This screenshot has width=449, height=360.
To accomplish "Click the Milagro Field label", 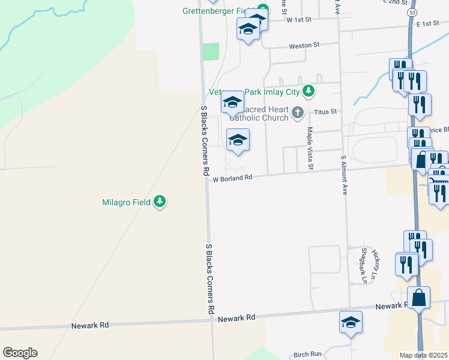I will (x=127, y=202).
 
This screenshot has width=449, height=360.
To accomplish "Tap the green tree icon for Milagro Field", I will (x=159, y=202).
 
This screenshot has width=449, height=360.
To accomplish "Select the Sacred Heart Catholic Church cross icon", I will (x=297, y=112).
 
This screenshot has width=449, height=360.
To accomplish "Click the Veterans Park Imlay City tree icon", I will (x=309, y=91).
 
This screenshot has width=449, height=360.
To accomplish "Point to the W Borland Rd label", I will (x=232, y=178).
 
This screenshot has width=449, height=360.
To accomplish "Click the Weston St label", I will (x=304, y=45).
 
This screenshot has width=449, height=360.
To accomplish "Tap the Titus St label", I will (x=327, y=112).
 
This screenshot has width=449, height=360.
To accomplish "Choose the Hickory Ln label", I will (x=375, y=265).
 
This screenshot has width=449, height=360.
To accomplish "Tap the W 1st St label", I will (x=299, y=20).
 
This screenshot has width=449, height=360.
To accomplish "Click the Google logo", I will (x=20, y=353).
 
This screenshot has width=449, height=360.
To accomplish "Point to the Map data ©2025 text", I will (x=423, y=355).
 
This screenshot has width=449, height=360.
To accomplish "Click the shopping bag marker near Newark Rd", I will (x=418, y=298).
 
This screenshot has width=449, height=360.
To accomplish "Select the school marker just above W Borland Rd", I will (x=238, y=140).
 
